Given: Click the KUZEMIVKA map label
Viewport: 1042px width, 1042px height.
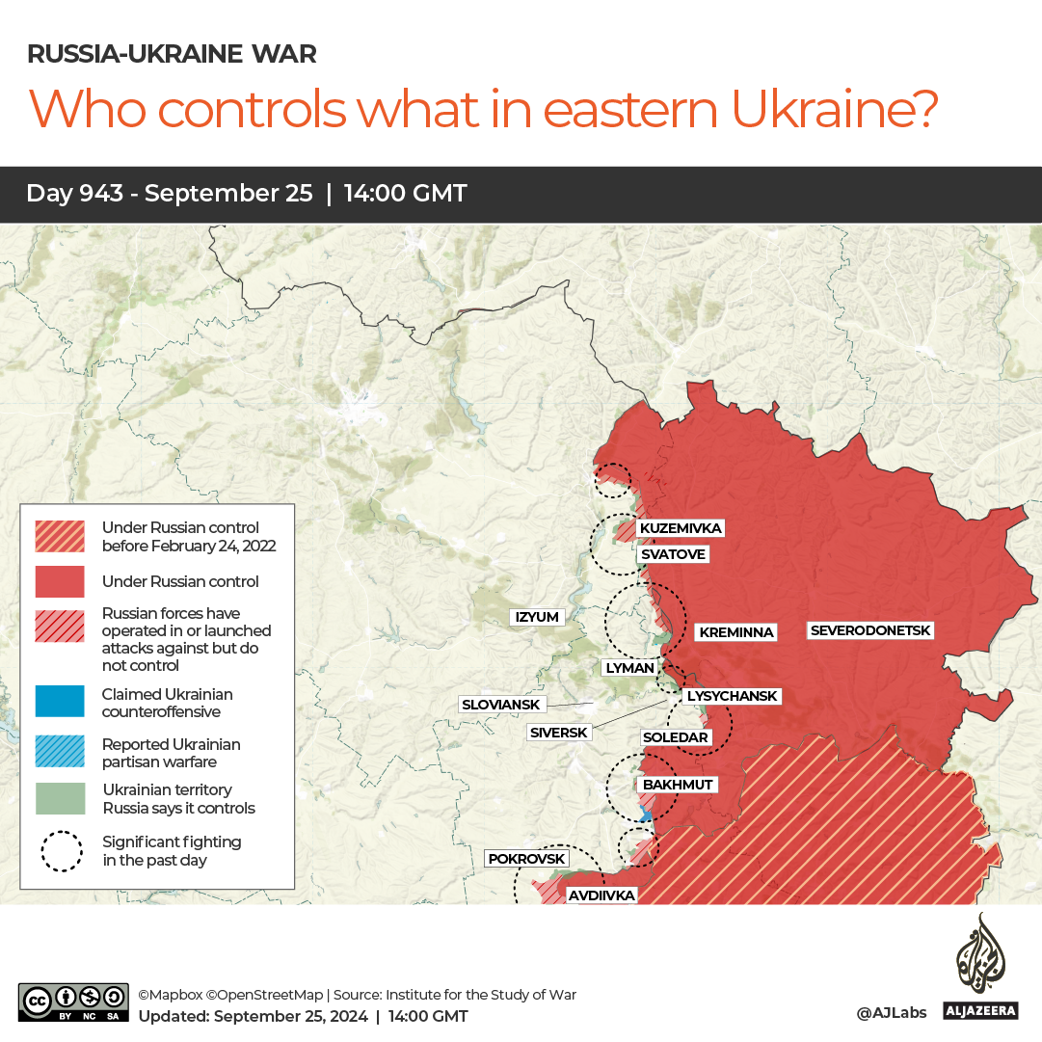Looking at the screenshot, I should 680,528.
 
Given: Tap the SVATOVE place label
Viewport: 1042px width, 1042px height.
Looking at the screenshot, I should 673,554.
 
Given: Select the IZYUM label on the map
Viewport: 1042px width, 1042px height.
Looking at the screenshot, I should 537,617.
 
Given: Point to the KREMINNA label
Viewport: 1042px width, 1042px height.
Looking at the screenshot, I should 735,632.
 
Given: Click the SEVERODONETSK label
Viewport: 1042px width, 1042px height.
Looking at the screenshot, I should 870,630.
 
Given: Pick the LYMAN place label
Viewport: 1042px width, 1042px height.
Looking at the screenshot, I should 629,667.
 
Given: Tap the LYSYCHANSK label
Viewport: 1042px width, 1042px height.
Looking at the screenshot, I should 731,695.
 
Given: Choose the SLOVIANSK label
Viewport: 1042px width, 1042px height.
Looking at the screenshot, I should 501,705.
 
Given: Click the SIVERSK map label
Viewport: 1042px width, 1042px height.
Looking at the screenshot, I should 559,733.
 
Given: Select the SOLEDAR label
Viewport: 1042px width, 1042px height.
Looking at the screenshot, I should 675,737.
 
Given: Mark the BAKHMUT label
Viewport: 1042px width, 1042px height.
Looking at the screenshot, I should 677,785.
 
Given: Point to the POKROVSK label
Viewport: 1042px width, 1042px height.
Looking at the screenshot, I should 526,858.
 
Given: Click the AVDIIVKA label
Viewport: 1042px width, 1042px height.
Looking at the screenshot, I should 601,895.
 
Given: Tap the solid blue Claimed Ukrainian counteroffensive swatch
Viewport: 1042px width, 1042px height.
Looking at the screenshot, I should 60,702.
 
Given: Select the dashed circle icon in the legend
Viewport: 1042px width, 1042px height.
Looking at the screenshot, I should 60,851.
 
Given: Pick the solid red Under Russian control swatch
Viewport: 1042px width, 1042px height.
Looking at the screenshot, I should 60,581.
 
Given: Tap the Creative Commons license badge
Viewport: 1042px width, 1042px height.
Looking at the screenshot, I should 73,1002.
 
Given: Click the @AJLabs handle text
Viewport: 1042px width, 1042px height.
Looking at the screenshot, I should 891,1012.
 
